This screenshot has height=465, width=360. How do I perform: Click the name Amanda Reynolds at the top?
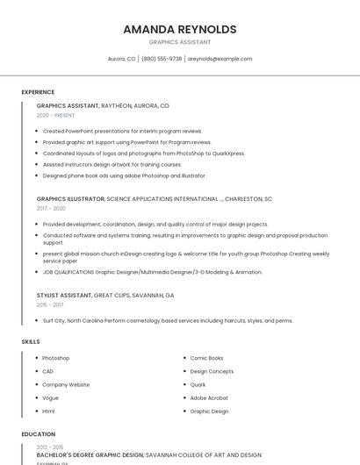179,29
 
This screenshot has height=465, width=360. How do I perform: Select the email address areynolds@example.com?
220,59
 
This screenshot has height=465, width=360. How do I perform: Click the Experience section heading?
38,92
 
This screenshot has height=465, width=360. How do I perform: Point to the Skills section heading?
31,341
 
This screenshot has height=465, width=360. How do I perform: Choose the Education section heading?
38,434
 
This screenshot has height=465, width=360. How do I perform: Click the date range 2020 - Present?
55,115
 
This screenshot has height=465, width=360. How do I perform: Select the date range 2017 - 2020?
51,208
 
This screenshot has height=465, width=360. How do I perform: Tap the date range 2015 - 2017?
50,304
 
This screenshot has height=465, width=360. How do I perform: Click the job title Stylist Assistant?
63,296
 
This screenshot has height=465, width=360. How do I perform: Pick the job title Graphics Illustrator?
70,199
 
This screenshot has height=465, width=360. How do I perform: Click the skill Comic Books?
206,358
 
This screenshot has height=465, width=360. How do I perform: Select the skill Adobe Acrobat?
209,397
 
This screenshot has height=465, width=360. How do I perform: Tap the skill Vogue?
50,397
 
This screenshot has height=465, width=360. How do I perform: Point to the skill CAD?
47,371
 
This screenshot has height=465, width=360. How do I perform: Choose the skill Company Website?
66,384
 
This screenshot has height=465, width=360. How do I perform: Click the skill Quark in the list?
198,384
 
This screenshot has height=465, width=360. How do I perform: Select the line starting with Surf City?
168,321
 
